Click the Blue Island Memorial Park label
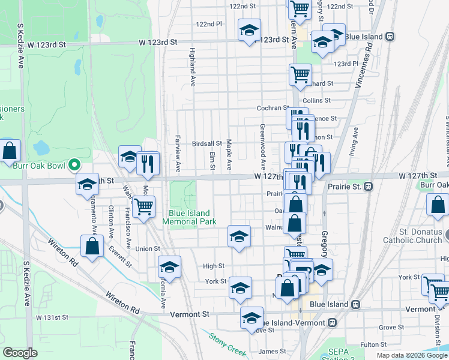[189, 217]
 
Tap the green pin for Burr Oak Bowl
[74, 164]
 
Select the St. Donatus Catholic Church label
[418, 236]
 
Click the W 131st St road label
[52, 317]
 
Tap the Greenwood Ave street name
[263, 146]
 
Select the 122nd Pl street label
[209, 24]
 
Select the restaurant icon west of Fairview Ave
[148, 163]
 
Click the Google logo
[20, 353]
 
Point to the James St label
[272, 351]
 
